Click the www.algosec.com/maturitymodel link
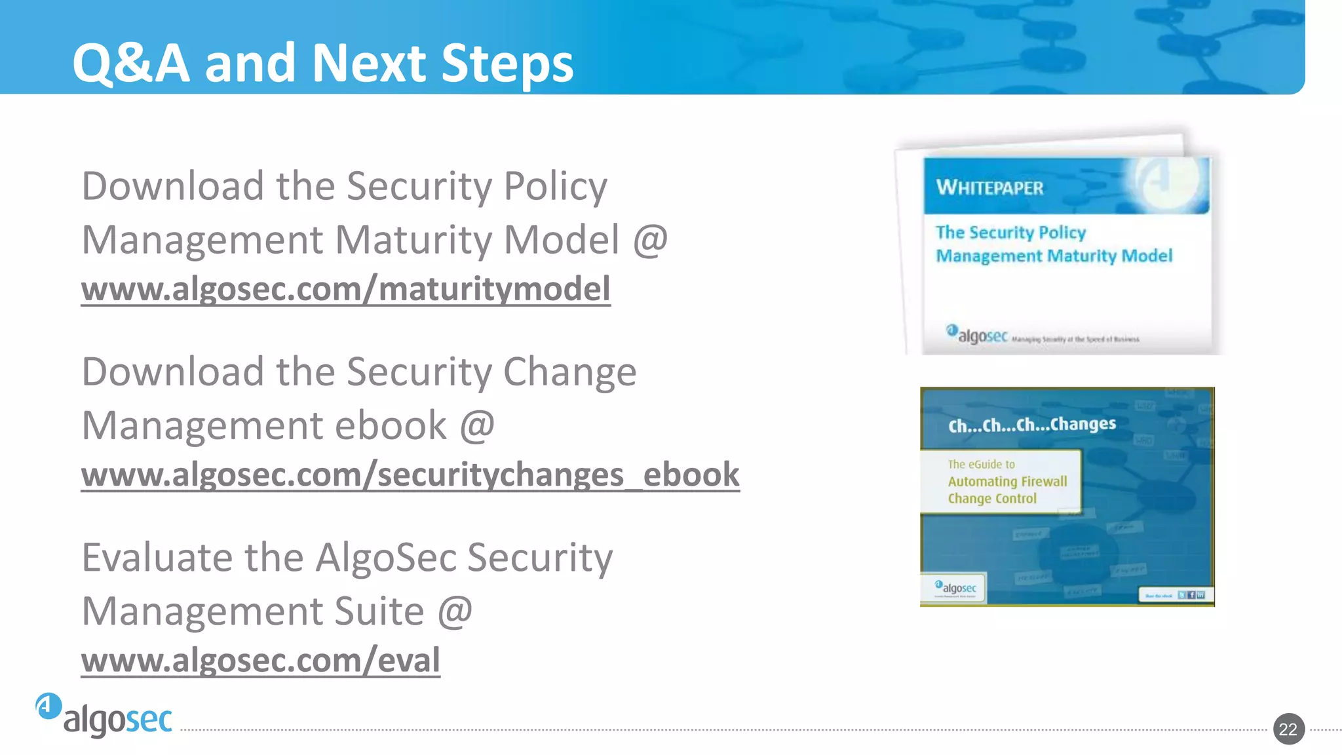345,289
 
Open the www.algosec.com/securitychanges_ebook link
410,474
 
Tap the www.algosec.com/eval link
260,660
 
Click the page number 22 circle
1288,729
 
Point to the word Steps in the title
507,63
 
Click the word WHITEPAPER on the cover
989,188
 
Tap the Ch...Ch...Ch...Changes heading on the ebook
1031,425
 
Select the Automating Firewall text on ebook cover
1007,482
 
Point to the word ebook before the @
391,425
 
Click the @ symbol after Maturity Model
649,240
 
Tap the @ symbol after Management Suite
454,611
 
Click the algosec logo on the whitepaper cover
976,334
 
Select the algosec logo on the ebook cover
957,587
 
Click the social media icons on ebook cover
1191,595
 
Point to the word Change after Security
569,372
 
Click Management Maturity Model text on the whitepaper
1053,256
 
